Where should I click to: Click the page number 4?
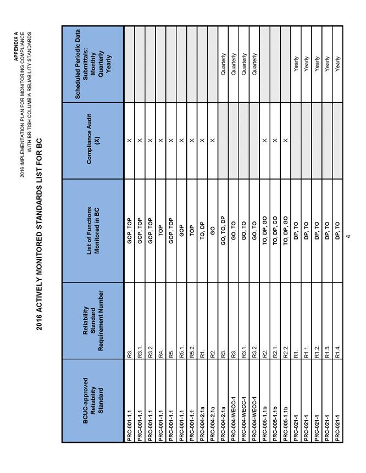click(x=348, y=237)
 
